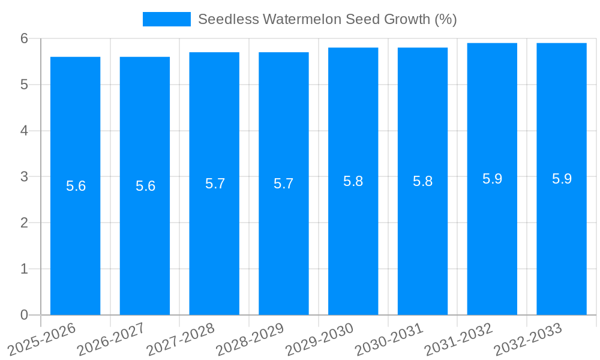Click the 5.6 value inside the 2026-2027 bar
pos(145,186)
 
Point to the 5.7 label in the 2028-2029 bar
pos(283,184)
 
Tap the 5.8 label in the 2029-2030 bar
pos(353,181)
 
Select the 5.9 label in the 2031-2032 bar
pos(492,179)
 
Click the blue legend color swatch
pos(166,19)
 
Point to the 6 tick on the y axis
pos(24,38)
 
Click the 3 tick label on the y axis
pos(24,177)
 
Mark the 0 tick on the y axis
pos(24,315)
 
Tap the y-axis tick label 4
pos(24,131)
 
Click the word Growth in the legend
pos(409,19)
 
